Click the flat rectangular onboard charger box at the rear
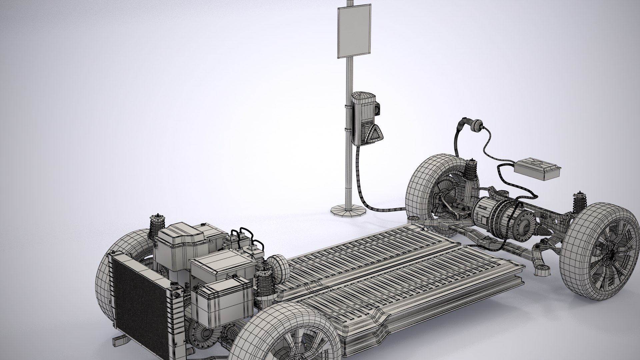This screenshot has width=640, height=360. tap(537, 170)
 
